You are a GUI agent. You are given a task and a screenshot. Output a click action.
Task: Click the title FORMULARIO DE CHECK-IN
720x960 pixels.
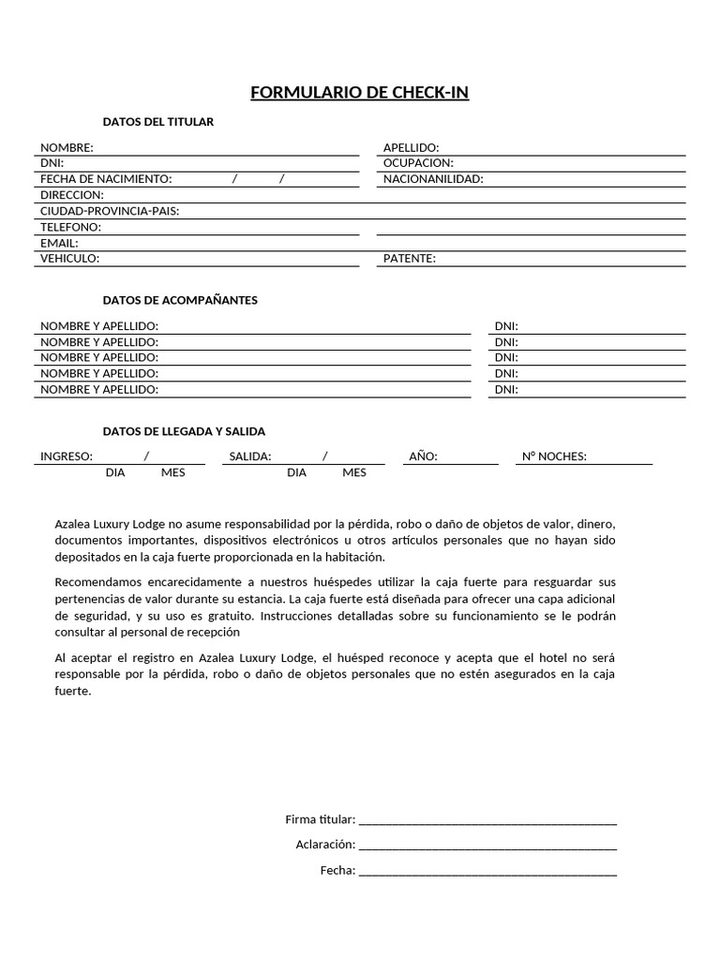pyautogui.click(x=359, y=92)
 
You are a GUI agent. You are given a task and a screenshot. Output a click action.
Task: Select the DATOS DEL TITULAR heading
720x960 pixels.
pyautogui.click(x=157, y=122)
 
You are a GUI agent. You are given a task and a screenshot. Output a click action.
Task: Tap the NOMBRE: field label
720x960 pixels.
pyautogui.click(x=67, y=147)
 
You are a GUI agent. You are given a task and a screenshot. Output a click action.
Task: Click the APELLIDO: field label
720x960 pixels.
pyautogui.click(x=411, y=147)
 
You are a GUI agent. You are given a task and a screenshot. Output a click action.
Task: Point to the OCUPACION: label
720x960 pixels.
pyautogui.click(x=418, y=163)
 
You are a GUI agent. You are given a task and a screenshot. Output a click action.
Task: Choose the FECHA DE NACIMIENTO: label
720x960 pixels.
pyautogui.click(x=106, y=179)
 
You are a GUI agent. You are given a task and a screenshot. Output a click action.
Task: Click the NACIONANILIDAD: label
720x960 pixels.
pyautogui.click(x=433, y=179)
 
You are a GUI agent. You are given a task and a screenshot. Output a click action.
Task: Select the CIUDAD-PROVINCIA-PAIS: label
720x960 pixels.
pyautogui.click(x=110, y=211)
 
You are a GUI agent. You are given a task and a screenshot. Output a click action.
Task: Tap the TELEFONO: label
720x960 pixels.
pyautogui.click(x=70, y=227)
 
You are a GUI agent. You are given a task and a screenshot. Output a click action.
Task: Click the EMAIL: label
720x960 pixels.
pyautogui.click(x=59, y=243)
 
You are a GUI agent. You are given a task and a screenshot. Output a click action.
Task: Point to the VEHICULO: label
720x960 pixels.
pyautogui.click(x=69, y=259)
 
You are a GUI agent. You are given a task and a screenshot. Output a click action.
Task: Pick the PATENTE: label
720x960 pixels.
pyautogui.click(x=410, y=259)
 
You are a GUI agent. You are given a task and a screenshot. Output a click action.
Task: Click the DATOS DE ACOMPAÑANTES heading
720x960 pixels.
pyautogui.click(x=180, y=300)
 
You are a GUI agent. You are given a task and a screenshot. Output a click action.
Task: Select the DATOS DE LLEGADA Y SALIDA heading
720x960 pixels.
pyautogui.click(x=184, y=431)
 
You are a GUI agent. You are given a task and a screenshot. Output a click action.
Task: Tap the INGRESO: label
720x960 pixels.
pyautogui.click(x=67, y=457)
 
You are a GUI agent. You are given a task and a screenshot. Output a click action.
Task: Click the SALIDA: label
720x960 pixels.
pyautogui.click(x=250, y=457)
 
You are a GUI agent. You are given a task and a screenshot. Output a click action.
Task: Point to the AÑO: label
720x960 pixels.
pyautogui.click(x=424, y=457)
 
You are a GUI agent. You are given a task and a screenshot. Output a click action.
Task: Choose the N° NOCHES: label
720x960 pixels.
pyautogui.click(x=554, y=457)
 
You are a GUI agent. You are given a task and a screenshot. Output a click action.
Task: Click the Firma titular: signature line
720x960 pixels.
pyautogui.click(x=487, y=821)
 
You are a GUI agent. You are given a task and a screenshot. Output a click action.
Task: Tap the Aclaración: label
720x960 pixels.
pyautogui.click(x=325, y=845)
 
